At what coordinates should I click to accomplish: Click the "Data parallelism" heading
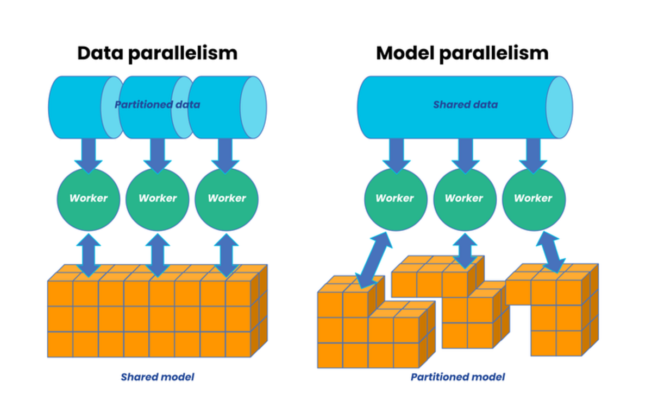coord(157,53)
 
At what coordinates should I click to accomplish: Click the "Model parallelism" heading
coord(462,53)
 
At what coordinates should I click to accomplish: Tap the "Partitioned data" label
coord(157,104)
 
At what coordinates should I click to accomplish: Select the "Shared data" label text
coord(465,104)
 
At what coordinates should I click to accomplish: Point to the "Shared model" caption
coord(157,377)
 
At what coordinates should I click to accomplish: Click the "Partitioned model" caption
coord(457,377)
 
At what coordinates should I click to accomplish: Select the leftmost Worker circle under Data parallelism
coord(89,199)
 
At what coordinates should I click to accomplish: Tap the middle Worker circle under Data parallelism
coord(158,199)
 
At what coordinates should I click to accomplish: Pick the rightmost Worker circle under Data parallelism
coord(227,199)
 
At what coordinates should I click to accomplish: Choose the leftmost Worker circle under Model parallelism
coord(395,199)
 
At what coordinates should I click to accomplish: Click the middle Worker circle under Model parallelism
coord(464,199)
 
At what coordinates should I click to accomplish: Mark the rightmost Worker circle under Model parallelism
coord(533,199)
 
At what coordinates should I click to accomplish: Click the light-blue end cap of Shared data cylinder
coord(559,107)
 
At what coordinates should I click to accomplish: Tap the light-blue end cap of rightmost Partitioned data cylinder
coord(253,107)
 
